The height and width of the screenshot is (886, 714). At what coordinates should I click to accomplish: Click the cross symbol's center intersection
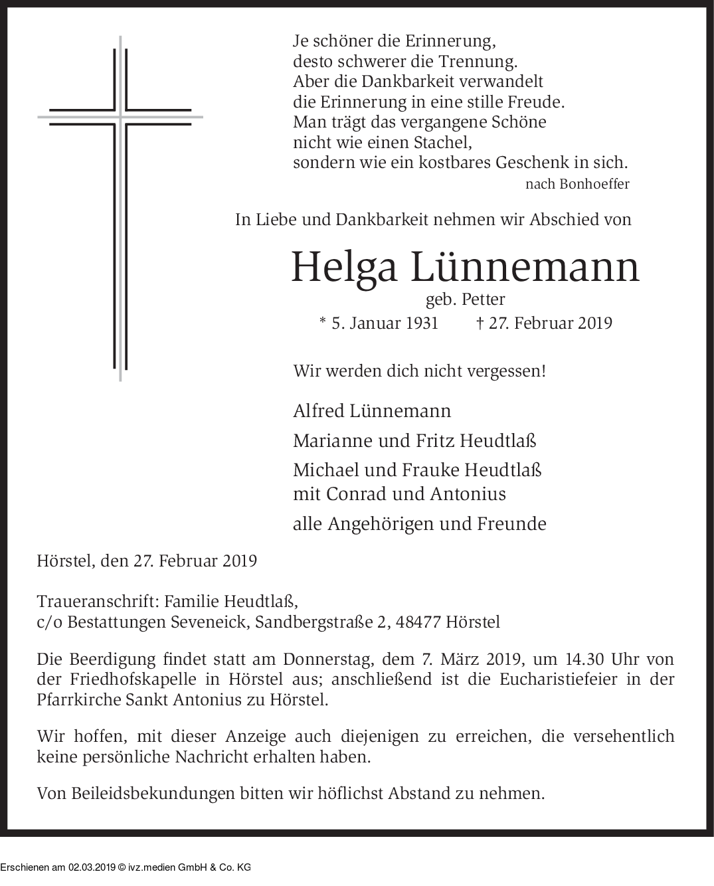pyautogui.click(x=120, y=116)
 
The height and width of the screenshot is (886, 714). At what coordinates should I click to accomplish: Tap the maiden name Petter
pyautogui.click(x=483, y=300)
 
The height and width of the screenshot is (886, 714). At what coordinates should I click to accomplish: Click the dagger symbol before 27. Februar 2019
pyautogui.click(x=480, y=323)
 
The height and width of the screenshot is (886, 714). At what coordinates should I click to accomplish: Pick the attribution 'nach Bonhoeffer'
pyautogui.click(x=577, y=184)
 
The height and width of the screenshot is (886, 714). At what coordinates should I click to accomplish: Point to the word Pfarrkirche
pyautogui.click(x=79, y=700)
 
